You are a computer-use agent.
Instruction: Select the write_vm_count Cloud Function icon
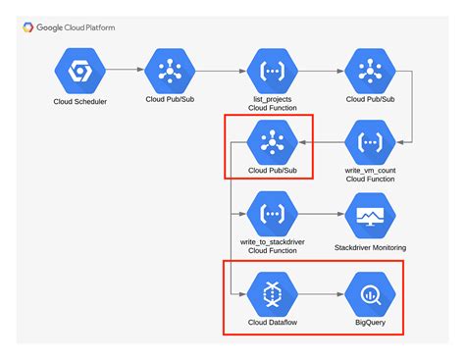point(369,144)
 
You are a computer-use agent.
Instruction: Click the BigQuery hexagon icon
point(370,291)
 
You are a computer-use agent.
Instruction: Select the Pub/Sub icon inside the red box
point(268,144)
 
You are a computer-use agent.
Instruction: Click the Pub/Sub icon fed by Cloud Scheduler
point(171,71)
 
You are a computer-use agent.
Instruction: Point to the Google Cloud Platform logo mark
point(27,27)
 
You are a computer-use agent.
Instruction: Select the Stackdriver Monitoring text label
point(370,247)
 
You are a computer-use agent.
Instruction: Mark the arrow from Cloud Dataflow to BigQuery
point(319,291)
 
